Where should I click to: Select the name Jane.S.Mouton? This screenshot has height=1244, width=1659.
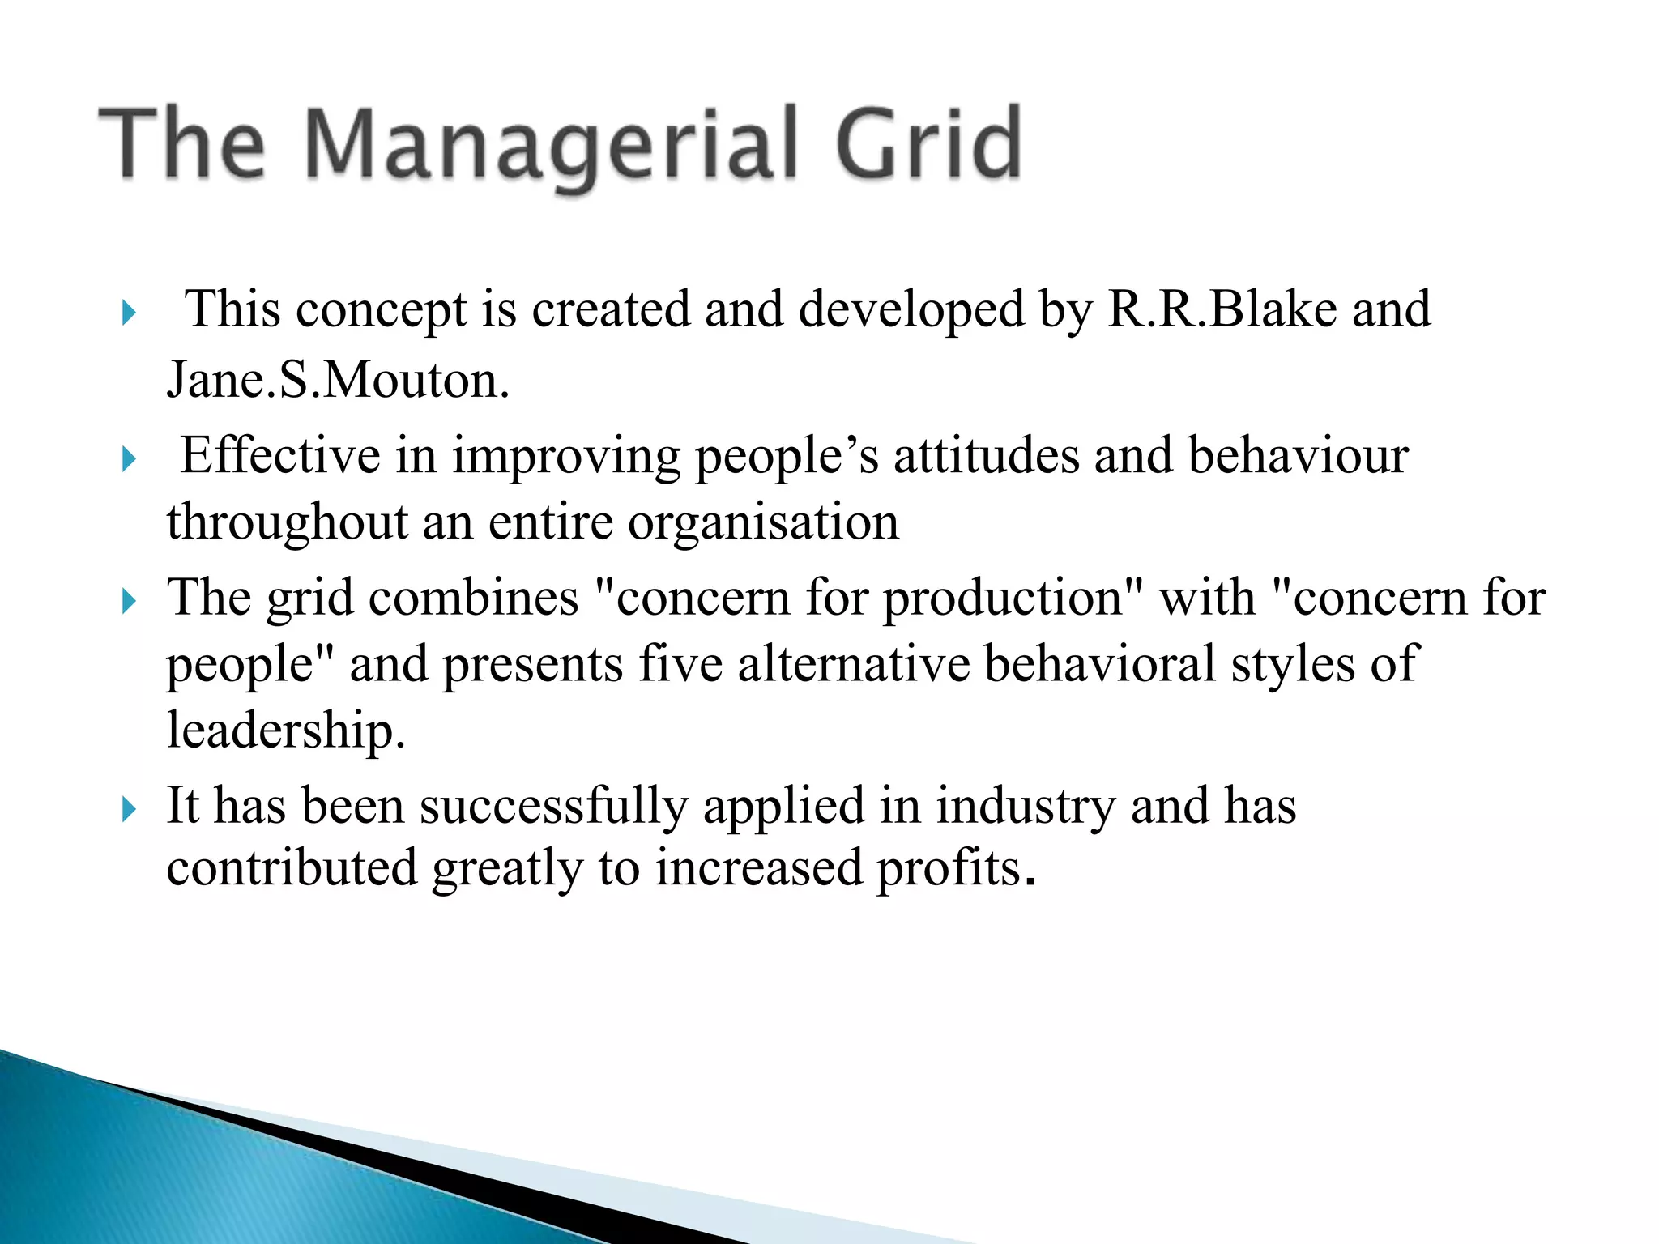[x=338, y=380]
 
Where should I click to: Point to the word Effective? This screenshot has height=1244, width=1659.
[x=279, y=455]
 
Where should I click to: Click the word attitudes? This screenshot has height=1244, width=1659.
[x=986, y=455]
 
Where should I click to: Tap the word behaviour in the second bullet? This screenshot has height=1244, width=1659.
[x=1299, y=455]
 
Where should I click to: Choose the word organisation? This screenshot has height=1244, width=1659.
[x=763, y=522]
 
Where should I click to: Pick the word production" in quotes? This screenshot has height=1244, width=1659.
[x=1013, y=599]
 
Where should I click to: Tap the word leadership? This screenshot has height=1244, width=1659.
[x=285, y=731]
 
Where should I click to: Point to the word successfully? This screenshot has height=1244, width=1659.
[x=553, y=807]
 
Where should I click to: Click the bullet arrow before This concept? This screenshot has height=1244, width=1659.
[x=129, y=312]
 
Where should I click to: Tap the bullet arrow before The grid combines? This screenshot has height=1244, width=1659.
[x=129, y=601]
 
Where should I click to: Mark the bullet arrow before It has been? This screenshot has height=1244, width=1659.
[x=129, y=809]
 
